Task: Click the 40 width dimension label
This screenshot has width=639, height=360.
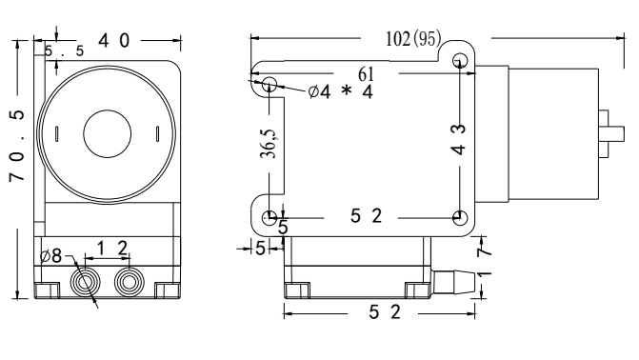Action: (114, 40)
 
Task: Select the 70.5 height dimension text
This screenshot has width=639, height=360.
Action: (17, 146)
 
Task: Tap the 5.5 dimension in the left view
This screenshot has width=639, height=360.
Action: (64, 51)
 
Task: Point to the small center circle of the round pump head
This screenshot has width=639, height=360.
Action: (108, 133)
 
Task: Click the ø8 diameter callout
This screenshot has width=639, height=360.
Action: (51, 255)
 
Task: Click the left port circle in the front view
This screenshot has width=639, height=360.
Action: (85, 282)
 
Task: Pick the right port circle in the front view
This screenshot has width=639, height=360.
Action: (130, 282)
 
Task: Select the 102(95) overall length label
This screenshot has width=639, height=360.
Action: (413, 39)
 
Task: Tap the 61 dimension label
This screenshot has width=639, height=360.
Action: (366, 74)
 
